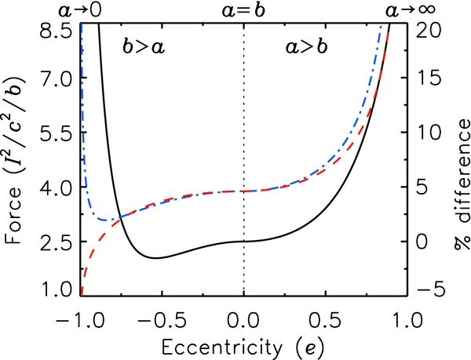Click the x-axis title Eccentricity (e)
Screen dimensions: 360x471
[244, 346]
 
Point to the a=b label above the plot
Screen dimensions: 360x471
[244, 10]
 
